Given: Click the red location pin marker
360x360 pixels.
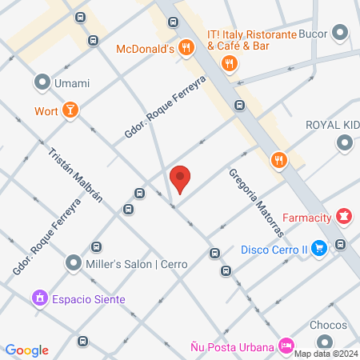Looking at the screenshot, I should click(180, 178).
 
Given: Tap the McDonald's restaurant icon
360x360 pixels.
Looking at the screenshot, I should click(186, 48).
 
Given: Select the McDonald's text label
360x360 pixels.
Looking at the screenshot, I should click(145, 49).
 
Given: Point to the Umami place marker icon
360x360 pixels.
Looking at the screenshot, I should click(42, 82).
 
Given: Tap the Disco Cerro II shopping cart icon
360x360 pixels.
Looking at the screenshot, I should click(319, 249).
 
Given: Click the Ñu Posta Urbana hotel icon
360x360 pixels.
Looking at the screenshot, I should click(286, 346).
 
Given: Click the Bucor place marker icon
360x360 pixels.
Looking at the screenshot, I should click(341, 34).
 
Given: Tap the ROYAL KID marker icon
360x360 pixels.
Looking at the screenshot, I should click(345, 143).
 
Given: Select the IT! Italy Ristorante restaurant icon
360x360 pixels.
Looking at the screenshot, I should click(230, 63).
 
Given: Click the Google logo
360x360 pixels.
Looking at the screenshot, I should click(26, 350).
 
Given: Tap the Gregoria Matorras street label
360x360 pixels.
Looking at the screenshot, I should click(256, 202).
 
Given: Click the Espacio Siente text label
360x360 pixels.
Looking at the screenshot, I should click(89, 299).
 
